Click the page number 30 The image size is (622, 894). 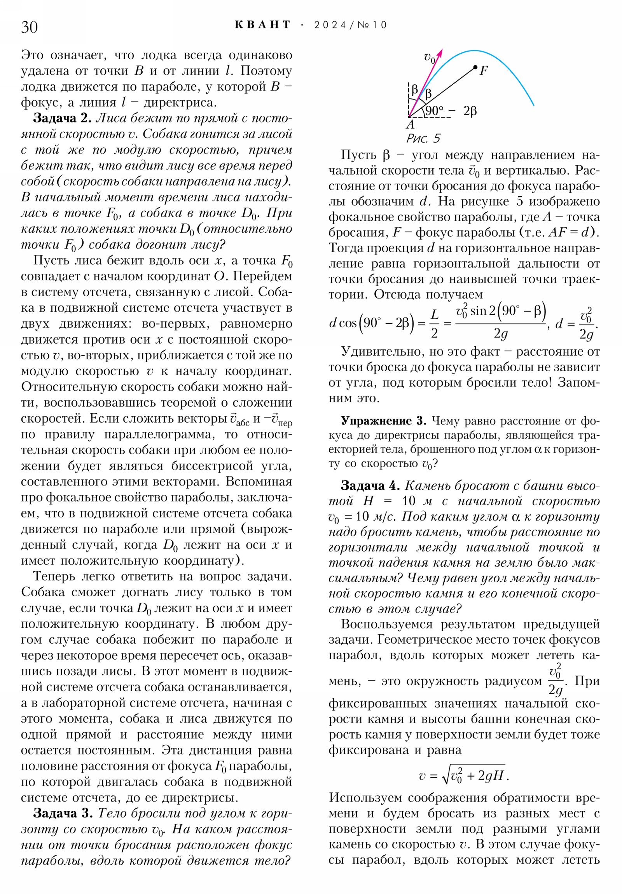[30, 27]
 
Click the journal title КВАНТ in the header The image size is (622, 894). [263, 25]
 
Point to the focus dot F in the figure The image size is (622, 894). [475, 67]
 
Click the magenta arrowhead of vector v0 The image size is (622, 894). [440, 52]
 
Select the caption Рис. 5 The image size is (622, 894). [423, 139]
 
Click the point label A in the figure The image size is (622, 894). [411, 125]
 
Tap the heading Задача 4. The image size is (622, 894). [370, 485]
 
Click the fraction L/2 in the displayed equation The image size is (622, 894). [434, 323]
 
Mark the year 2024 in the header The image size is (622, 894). [330, 25]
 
